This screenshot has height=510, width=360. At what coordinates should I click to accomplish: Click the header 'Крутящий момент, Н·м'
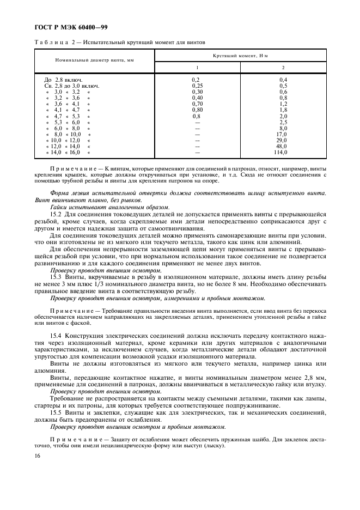(248, 56)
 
